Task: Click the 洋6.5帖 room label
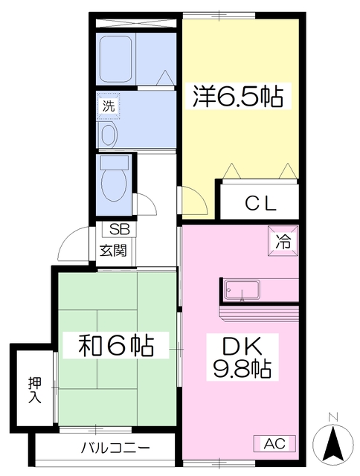click(x=238, y=96)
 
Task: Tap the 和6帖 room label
click(x=116, y=346)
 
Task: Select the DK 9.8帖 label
click(x=242, y=357)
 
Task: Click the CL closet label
click(x=261, y=203)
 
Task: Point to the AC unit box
click(x=274, y=443)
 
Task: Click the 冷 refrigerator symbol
click(x=283, y=241)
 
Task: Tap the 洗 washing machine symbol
click(x=109, y=106)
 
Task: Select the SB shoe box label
click(x=119, y=230)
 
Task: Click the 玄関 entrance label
click(x=113, y=251)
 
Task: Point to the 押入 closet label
click(x=34, y=390)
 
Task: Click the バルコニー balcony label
click(x=115, y=448)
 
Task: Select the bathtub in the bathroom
click(x=115, y=59)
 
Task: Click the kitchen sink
click(x=242, y=289)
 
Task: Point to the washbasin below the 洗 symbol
click(x=109, y=134)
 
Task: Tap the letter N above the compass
click(x=333, y=418)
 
